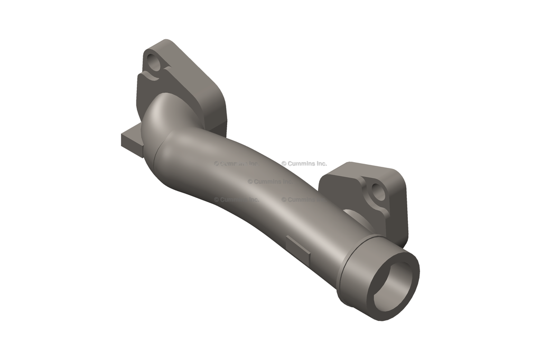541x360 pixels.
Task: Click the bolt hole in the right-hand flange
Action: coord(378,192)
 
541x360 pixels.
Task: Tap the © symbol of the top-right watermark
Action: coord(284,164)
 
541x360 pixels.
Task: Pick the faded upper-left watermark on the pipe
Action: coord(235,164)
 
